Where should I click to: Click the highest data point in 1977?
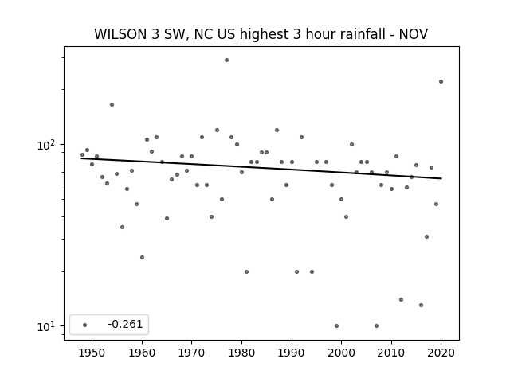pyautogui.click(x=226, y=60)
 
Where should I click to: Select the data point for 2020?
pyautogui.click(x=441, y=81)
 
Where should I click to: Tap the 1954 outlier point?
pyautogui.click(x=112, y=104)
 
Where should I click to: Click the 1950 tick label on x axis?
pyautogui.click(x=92, y=353)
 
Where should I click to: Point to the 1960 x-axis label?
pyautogui.click(x=142, y=353)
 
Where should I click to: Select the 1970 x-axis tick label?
pyautogui.click(x=191, y=353)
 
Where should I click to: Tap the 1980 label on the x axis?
pyautogui.click(x=241, y=353)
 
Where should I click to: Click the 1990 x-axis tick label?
pyautogui.click(x=292, y=353)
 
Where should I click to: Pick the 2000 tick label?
pyautogui.click(x=341, y=353)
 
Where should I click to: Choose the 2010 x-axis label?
pyautogui.click(x=391, y=353)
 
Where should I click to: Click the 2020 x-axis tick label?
pyautogui.click(x=441, y=353)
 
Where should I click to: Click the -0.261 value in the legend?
pyautogui.click(x=125, y=324)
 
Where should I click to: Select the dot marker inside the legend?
pyautogui.click(x=85, y=325)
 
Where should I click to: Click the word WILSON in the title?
pyautogui.click(x=120, y=34)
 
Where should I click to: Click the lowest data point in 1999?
pyautogui.click(x=336, y=325)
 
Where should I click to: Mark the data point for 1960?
pyautogui.click(x=142, y=257)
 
